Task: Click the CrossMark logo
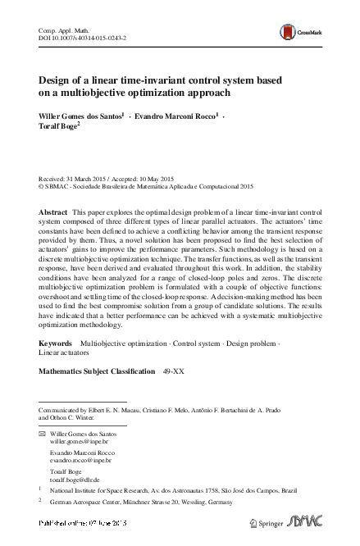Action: click(302, 31)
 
